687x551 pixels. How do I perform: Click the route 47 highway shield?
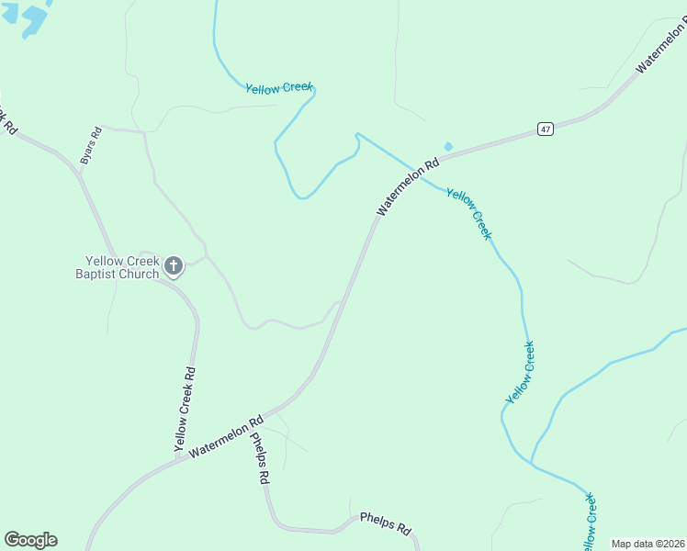(546, 129)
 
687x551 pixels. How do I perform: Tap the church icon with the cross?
(174, 267)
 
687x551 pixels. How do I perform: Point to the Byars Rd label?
(90, 145)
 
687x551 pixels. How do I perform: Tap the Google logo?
(30, 540)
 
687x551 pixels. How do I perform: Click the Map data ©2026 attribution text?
(648, 544)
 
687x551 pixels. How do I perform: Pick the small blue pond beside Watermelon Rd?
(448, 146)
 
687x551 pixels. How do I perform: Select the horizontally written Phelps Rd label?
(385, 523)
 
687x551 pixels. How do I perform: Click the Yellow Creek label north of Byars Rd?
(279, 87)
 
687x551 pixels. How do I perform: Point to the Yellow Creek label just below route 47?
(469, 212)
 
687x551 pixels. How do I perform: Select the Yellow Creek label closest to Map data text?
(590, 522)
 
